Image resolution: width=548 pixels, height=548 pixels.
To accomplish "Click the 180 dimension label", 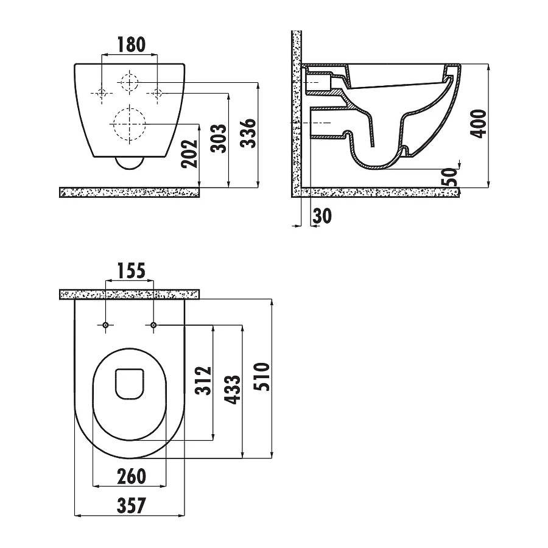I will (131, 44).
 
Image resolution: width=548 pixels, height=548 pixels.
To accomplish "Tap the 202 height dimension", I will (190, 154).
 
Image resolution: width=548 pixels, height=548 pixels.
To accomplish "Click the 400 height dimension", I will (480, 123).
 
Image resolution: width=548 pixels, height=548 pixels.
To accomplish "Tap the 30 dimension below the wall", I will (323, 216).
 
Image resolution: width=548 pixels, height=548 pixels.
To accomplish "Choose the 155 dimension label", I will (130, 270).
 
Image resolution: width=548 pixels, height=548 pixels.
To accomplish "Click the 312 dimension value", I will (203, 381).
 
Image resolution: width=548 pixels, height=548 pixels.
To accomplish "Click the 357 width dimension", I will (129, 505).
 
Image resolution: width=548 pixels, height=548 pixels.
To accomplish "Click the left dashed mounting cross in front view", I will (102, 93).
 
